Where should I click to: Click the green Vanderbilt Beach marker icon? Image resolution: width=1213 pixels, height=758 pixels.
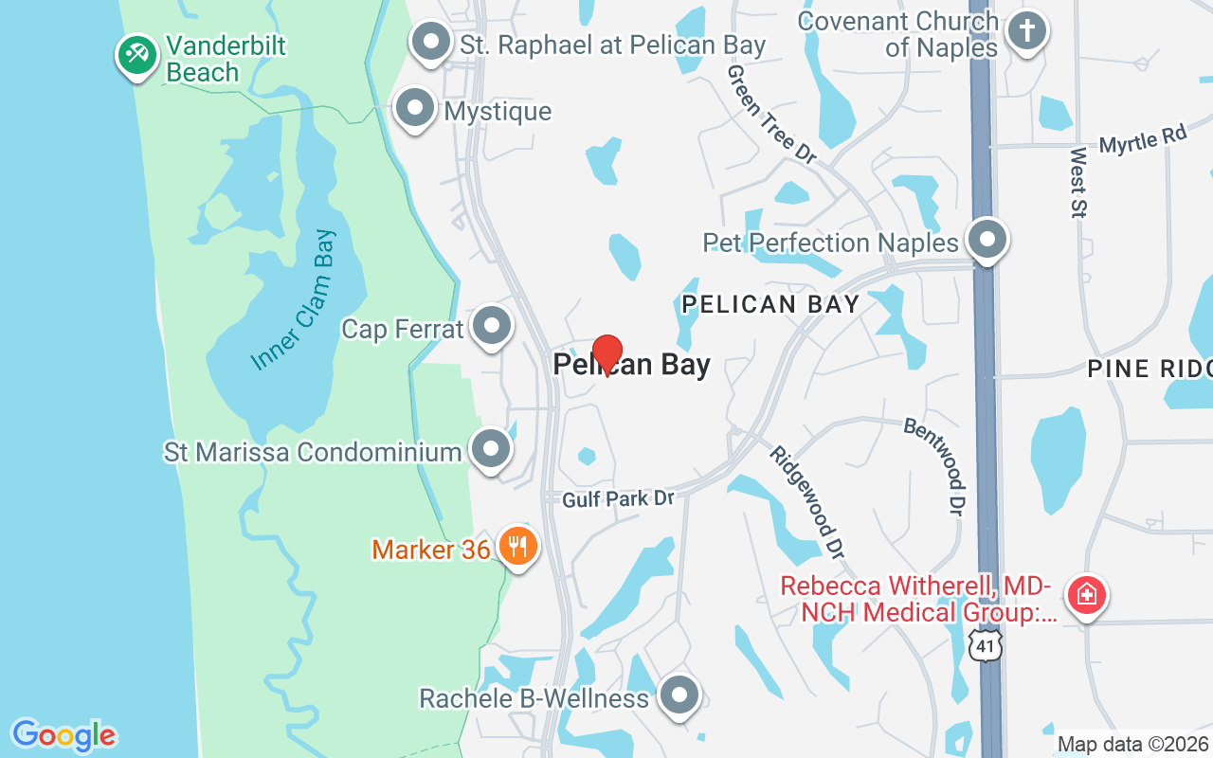pyautogui.click(x=137, y=55)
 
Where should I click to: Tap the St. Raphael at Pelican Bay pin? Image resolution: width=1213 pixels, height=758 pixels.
pyautogui.click(x=432, y=42)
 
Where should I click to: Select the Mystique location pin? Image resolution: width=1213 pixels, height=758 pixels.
pyautogui.click(x=414, y=108)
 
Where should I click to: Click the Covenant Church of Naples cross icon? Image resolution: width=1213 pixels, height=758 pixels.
pyautogui.click(x=1025, y=30)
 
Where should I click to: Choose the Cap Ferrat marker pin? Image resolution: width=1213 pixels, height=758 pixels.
pyautogui.click(x=491, y=326)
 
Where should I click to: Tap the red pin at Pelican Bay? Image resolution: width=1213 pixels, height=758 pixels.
pyautogui.click(x=607, y=354)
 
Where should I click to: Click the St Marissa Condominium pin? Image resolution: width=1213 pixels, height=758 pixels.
pyautogui.click(x=491, y=449)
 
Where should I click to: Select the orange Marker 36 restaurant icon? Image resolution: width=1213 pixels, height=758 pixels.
pyautogui.click(x=517, y=546)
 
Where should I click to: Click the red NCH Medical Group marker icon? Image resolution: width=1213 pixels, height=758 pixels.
pyautogui.click(x=1086, y=595)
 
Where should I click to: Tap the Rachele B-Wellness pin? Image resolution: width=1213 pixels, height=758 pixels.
pyautogui.click(x=679, y=695)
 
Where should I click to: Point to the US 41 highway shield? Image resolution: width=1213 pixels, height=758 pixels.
pyautogui.click(x=987, y=646)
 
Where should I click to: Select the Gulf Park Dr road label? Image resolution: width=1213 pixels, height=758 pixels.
pyautogui.click(x=617, y=498)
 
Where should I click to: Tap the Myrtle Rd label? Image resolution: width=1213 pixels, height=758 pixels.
pyautogui.click(x=1143, y=141)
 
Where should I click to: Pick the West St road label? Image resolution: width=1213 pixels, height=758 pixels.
pyautogui.click(x=1078, y=183)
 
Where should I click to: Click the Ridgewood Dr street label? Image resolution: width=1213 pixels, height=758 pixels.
pyautogui.click(x=806, y=501)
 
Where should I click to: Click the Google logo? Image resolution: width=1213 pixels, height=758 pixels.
pyautogui.click(x=63, y=735)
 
